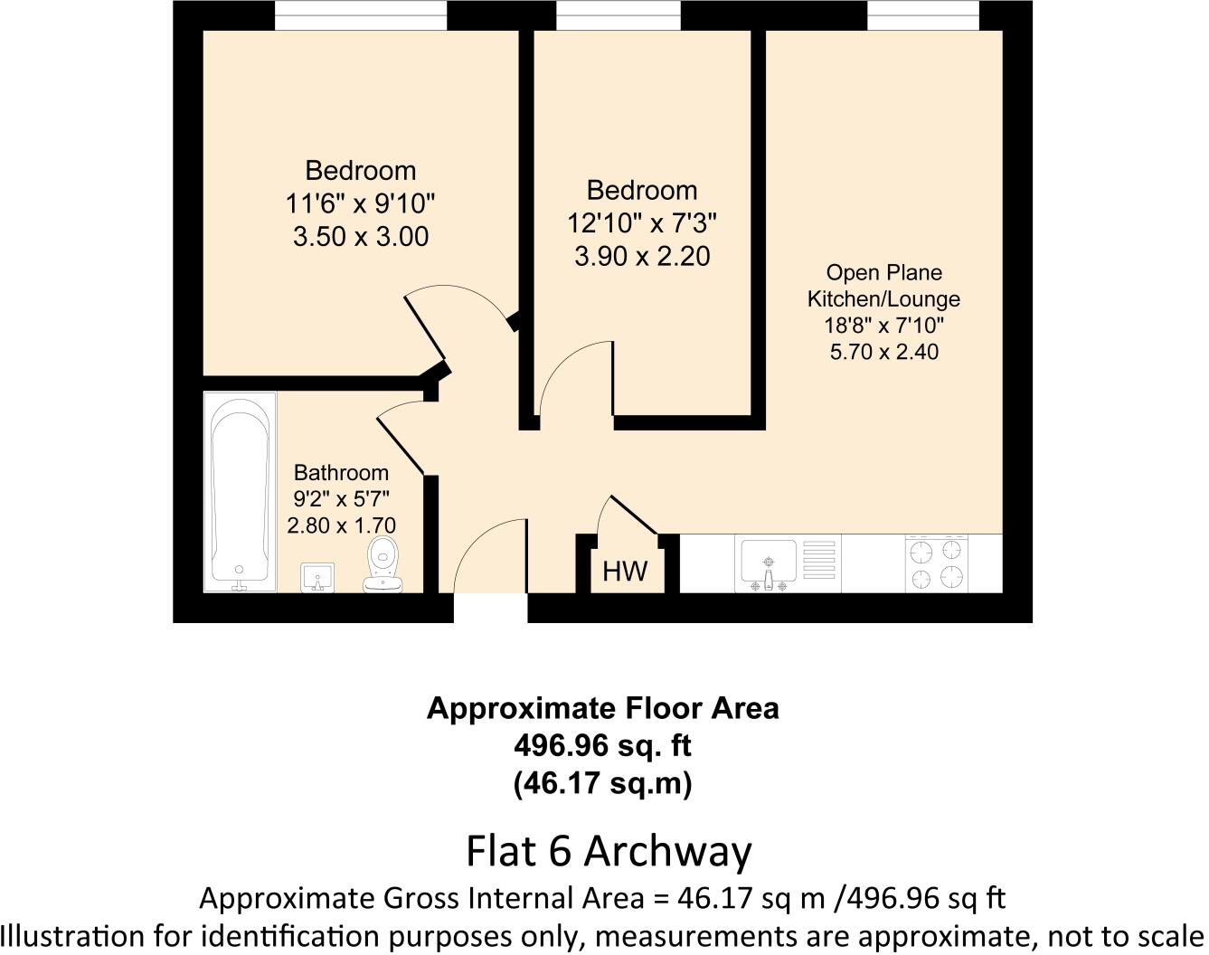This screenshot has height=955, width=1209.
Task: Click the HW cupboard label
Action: point(625,572)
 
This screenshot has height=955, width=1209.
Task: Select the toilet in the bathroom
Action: point(383,566)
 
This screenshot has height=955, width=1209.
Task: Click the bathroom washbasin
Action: point(316,576)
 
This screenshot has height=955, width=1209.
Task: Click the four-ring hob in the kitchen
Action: point(936,563)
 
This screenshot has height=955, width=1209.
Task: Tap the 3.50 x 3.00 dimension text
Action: point(361,237)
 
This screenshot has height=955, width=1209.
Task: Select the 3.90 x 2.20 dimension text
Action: point(642,257)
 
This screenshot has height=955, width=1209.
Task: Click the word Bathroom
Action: point(341,472)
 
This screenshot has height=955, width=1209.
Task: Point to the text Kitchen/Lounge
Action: point(883,299)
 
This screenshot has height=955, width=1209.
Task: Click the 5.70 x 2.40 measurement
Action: point(883,352)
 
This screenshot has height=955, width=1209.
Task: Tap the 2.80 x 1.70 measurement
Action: point(341,525)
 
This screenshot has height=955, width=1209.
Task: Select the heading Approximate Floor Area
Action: point(602,708)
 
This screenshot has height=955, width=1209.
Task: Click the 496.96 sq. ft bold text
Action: point(602,746)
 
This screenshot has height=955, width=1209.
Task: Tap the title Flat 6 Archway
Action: point(609,851)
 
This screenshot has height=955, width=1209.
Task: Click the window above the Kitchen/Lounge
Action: point(922,15)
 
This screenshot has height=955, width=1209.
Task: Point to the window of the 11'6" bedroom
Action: point(361,15)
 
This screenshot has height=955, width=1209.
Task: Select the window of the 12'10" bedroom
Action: point(618,15)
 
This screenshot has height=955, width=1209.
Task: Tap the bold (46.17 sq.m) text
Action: point(602,782)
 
